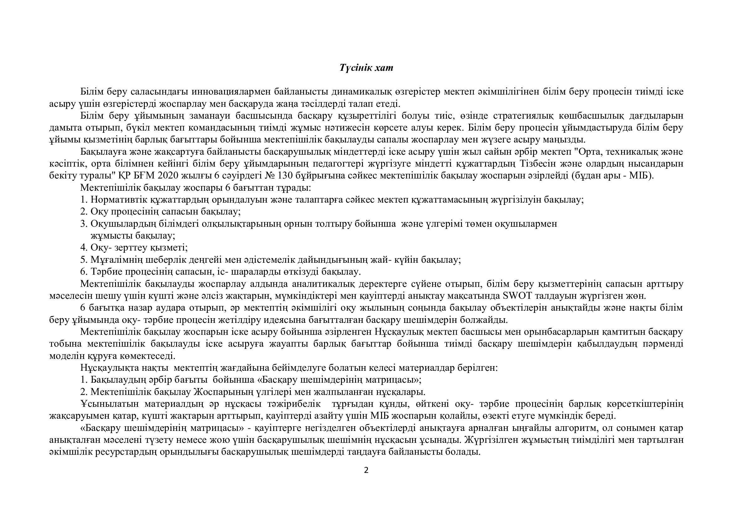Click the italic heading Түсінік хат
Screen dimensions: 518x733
coord(366,68)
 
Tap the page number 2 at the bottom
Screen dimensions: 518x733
coord(366,470)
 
